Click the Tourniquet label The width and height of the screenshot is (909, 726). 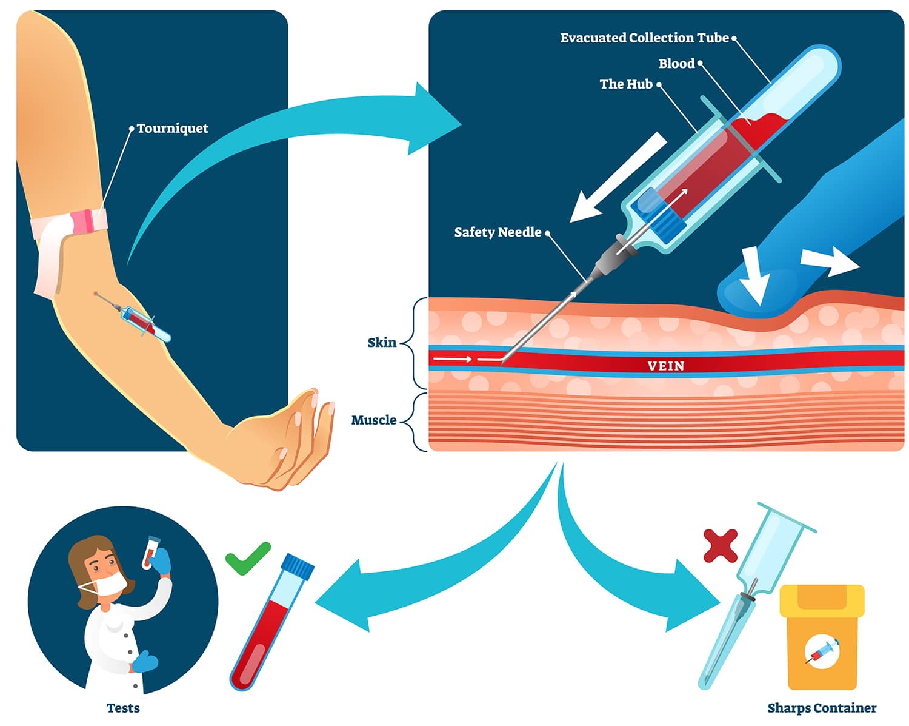pyautogui.click(x=172, y=129)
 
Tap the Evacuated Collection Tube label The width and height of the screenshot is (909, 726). pyautogui.click(x=644, y=38)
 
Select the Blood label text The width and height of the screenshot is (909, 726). pyautogui.click(x=676, y=64)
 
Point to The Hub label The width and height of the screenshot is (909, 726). pyautogui.click(x=626, y=84)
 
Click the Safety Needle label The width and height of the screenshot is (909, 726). pyautogui.click(x=498, y=232)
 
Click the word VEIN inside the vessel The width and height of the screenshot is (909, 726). pyautogui.click(x=665, y=366)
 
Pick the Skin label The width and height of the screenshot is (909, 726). pyautogui.click(x=382, y=343)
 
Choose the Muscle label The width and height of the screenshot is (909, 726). pyautogui.click(x=374, y=420)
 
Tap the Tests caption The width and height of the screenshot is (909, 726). pyautogui.click(x=123, y=708)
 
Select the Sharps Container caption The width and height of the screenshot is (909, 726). pyautogui.click(x=821, y=708)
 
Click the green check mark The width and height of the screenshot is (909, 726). pyautogui.click(x=247, y=557)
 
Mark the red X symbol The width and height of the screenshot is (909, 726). pyautogui.click(x=721, y=545)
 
